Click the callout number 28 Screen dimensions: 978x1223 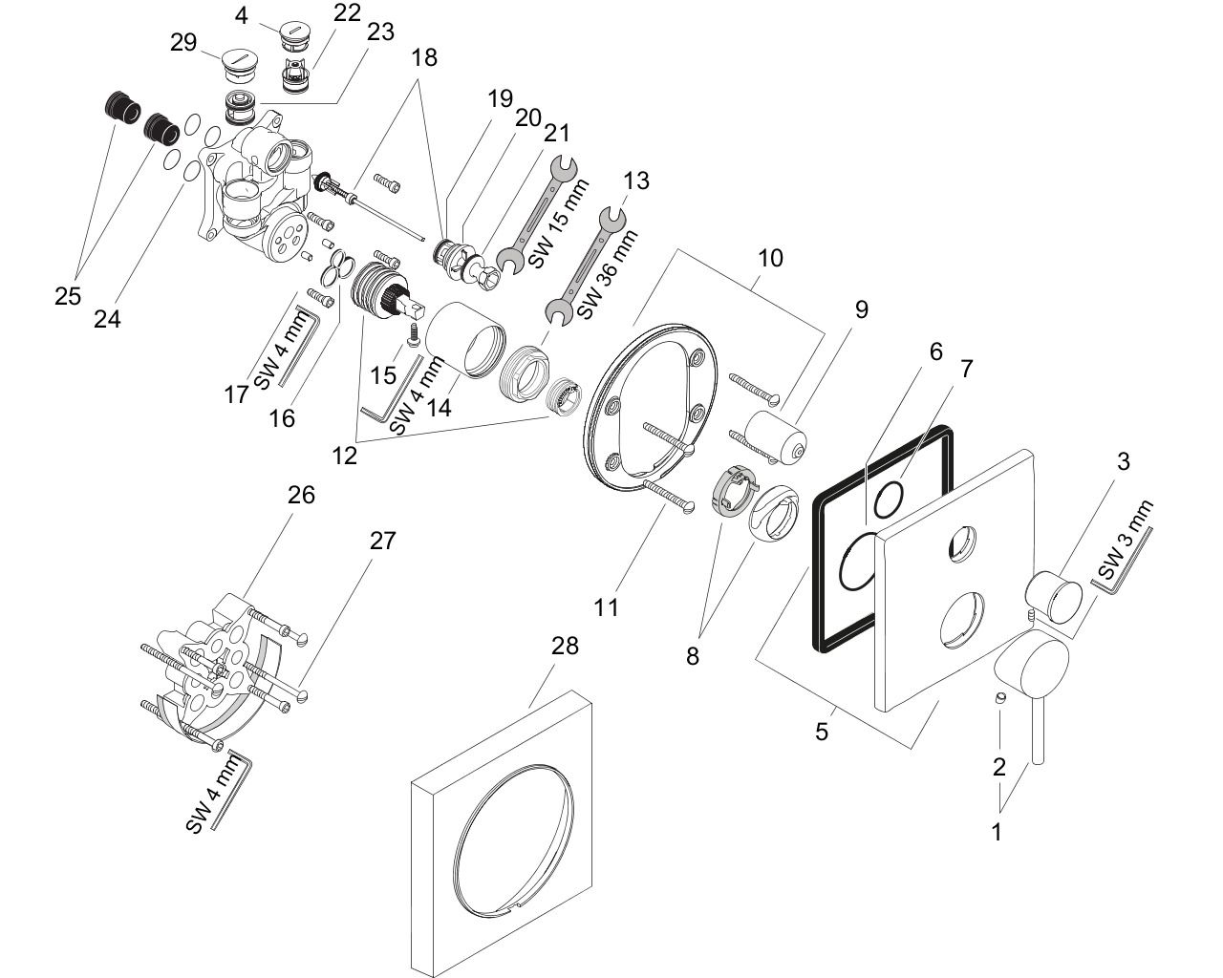(x=565, y=647)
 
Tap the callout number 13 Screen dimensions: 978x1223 (x=635, y=181)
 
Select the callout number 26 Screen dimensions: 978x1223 (x=301, y=495)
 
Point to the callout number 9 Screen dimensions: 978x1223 (x=862, y=309)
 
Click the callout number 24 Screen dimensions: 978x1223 (x=107, y=320)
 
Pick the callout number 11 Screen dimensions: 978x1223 (x=607, y=606)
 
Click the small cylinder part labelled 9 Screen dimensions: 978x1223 (x=776, y=436)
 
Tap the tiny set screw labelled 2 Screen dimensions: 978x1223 (x=1000, y=700)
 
